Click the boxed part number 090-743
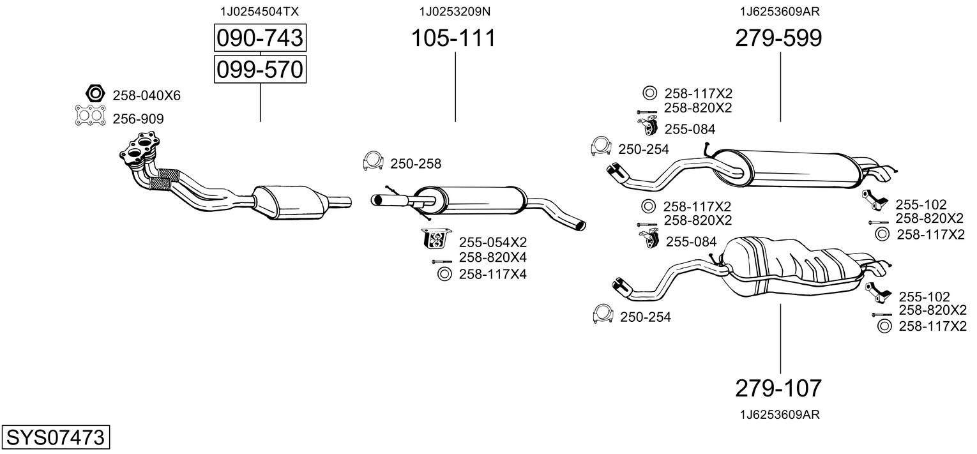tap(259, 38)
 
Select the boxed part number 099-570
tap(259, 69)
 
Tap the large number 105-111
tap(453, 38)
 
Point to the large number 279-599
tap(778, 38)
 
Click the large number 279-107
tap(778, 388)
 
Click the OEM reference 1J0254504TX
tap(259, 11)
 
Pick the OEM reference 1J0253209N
tap(455, 11)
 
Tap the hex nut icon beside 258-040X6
tap(95, 95)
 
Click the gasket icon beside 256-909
tap(89, 117)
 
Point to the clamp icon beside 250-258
tap(373, 163)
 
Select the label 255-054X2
tap(492, 242)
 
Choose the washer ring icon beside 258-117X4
tap(443, 275)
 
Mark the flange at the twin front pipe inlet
tap(140, 148)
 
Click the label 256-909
tap(138, 119)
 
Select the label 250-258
tap(415, 164)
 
